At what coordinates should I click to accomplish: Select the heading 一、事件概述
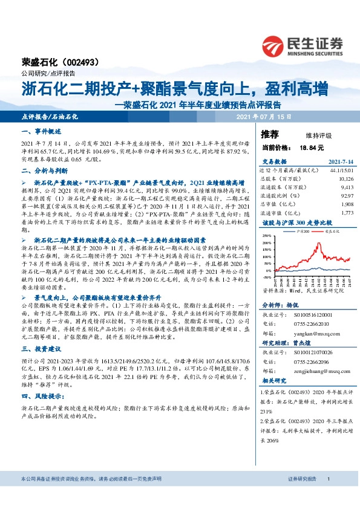coord(42,131)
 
